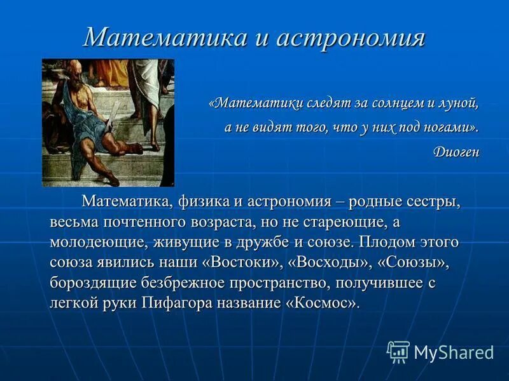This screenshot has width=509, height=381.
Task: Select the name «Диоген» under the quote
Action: point(456,152)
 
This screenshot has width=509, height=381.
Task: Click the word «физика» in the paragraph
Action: point(202,203)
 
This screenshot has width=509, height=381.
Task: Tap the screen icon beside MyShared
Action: point(398,352)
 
